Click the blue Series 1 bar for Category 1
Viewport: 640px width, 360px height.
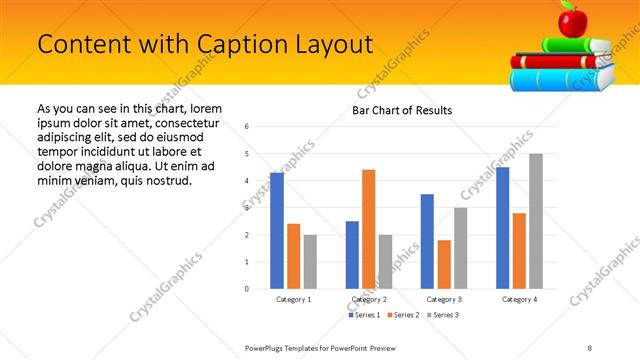(x=277, y=230)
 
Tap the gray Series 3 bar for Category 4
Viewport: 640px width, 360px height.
(x=536, y=221)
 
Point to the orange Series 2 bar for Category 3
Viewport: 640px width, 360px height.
(x=444, y=264)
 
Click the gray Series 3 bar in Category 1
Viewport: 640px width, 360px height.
(x=310, y=261)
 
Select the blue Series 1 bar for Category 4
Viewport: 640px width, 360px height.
(x=502, y=227)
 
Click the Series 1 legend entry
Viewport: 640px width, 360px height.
(x=364, y=315)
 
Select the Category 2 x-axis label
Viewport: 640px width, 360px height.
(x=369, y=299)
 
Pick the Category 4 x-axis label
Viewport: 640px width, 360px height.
(x=519, y=299)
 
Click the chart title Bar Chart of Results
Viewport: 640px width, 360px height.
(x=402, y=110)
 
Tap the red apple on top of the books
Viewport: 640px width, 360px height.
(x=571, y=20)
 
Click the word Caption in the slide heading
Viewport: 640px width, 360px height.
(x=224, y=45)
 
